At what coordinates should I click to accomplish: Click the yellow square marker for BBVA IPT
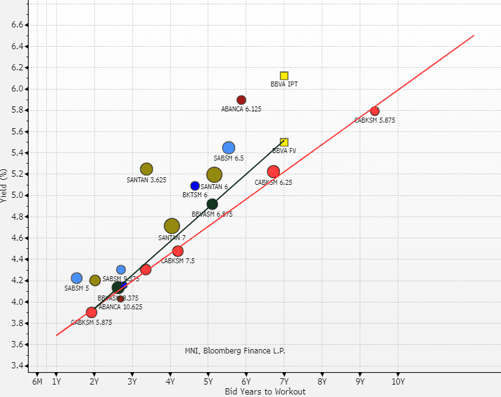[x=284, y=76]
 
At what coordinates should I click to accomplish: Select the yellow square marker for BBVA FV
[x=284, y=142]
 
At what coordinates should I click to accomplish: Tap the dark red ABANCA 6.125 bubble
[x=241, y=100]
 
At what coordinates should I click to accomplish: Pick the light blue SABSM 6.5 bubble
[x=229, y=147]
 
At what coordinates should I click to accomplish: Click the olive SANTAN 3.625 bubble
[x=146, y=169]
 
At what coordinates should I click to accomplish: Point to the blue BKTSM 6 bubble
[x=195, y=186]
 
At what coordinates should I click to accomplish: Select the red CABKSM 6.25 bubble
[x=273, y=172]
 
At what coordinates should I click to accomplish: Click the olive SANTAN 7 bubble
[x=172, y=227]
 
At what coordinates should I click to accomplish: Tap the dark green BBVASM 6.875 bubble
[x=212, y=204]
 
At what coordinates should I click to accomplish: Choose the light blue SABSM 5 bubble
[x=77, y=278]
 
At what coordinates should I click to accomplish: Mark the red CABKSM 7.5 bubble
[x=178, y=251]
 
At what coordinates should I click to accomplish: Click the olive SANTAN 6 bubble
[x=214, y=175]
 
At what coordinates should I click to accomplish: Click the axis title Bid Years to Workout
[x=265, y=391]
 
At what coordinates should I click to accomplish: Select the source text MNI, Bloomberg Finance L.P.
[x=235, y=351]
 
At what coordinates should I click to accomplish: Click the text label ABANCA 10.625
[x=120, y=307]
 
